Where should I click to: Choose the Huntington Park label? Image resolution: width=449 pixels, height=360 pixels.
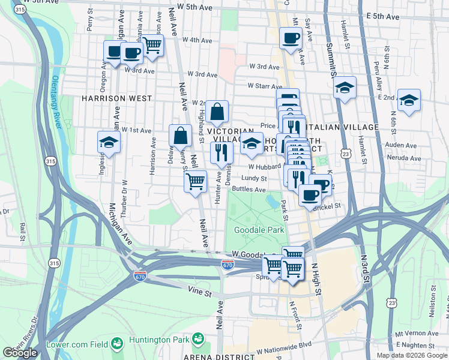click(164, 344)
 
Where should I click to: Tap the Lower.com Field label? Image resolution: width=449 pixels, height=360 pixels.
click(79, 344)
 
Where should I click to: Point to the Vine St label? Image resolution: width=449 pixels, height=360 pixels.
click(199, 293)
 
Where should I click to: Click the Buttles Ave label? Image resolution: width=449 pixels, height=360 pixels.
click(249, 190)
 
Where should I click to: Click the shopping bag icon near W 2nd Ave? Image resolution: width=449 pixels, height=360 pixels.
click(218, 112)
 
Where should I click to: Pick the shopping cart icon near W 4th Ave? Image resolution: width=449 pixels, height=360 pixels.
click(152, 45)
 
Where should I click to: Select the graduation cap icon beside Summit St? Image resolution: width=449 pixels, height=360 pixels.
click(345, 89)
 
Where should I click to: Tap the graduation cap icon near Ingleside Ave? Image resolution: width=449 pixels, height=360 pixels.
click(109, 142)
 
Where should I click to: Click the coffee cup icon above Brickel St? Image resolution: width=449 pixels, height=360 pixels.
click(310, 196)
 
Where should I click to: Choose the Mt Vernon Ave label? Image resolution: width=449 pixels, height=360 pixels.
click(417, 333)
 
